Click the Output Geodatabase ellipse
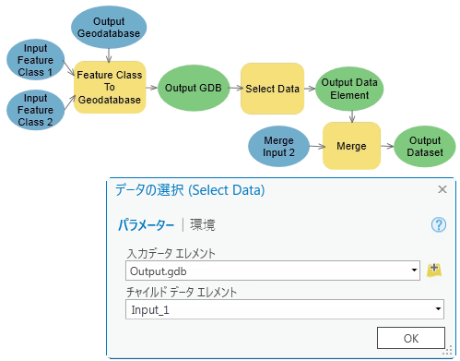point(108,27)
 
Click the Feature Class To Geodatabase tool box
point(110,89)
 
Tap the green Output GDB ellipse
point(193,89)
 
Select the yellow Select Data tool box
point(272,89)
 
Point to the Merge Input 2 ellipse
point(279,146)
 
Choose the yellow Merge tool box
point(352,146)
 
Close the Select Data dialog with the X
point(441,189)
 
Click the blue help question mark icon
point(438,224)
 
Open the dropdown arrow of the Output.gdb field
point(415,271)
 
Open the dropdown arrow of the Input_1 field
point(437,309)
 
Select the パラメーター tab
point(146,224)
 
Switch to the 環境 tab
point(203,224)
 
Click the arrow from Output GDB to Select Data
point(233,89)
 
